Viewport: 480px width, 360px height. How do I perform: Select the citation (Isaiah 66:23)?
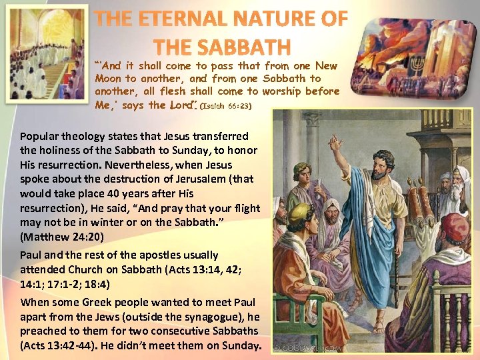(229, 105)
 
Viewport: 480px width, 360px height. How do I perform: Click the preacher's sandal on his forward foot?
(377, 326)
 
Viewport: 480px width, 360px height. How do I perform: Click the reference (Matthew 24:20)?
(62, 236)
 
